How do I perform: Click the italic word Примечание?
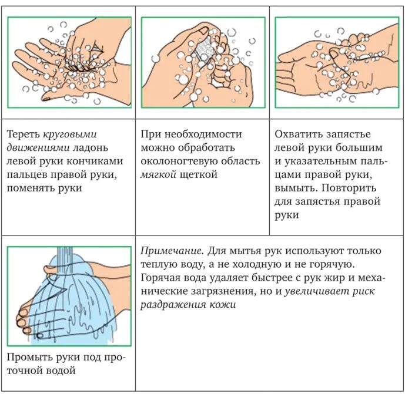point(168,250)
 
